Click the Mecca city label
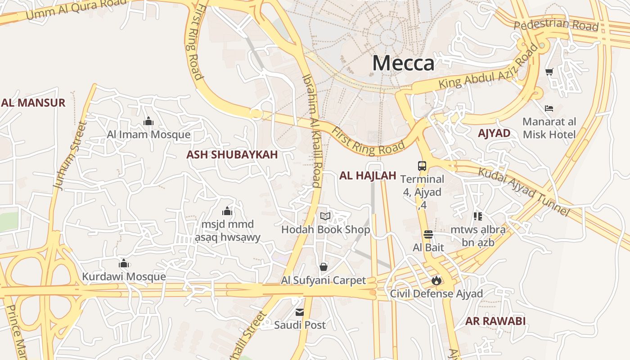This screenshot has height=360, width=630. pyautogui.click(x=403, y=63)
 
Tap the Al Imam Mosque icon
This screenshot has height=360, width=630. pyautogui.click(x=148, y=121)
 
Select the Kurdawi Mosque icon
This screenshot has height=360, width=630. pyautogui.click(x=124, y=263)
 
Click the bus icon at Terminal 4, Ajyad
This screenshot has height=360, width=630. pyautogui.click(x=422, y=166)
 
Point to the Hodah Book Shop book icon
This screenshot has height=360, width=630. pyautogui.click(x=325, y=216)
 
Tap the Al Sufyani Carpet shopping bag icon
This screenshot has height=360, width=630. pyautogui.click(x=323, y=267)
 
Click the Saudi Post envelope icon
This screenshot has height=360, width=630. pyautogui.click(x=300, y=312)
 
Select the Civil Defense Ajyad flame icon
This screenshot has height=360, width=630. pyautogui.click(x=436, y=281)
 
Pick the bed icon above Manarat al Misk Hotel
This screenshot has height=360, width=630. pyautogui.click(x=549, y=108)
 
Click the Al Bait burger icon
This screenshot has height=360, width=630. pyautogui.click(x=428, y=234)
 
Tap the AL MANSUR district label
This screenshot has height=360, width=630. pyautogui.click(x=33, y=103)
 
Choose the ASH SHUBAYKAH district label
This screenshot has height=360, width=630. pyautogui.click(x=232, y=155)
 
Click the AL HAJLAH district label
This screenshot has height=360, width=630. pyautogui.click(x=368, y=176)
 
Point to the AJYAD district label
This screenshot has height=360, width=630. pyautogui.click(x=494, y=133)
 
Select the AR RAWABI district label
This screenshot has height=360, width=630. pyautogui.click(x=495, y=321)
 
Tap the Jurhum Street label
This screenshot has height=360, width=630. pyautogui.click(x=69, y=155)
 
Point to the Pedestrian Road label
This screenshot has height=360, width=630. pyautogui.click(x=556, y=25)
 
